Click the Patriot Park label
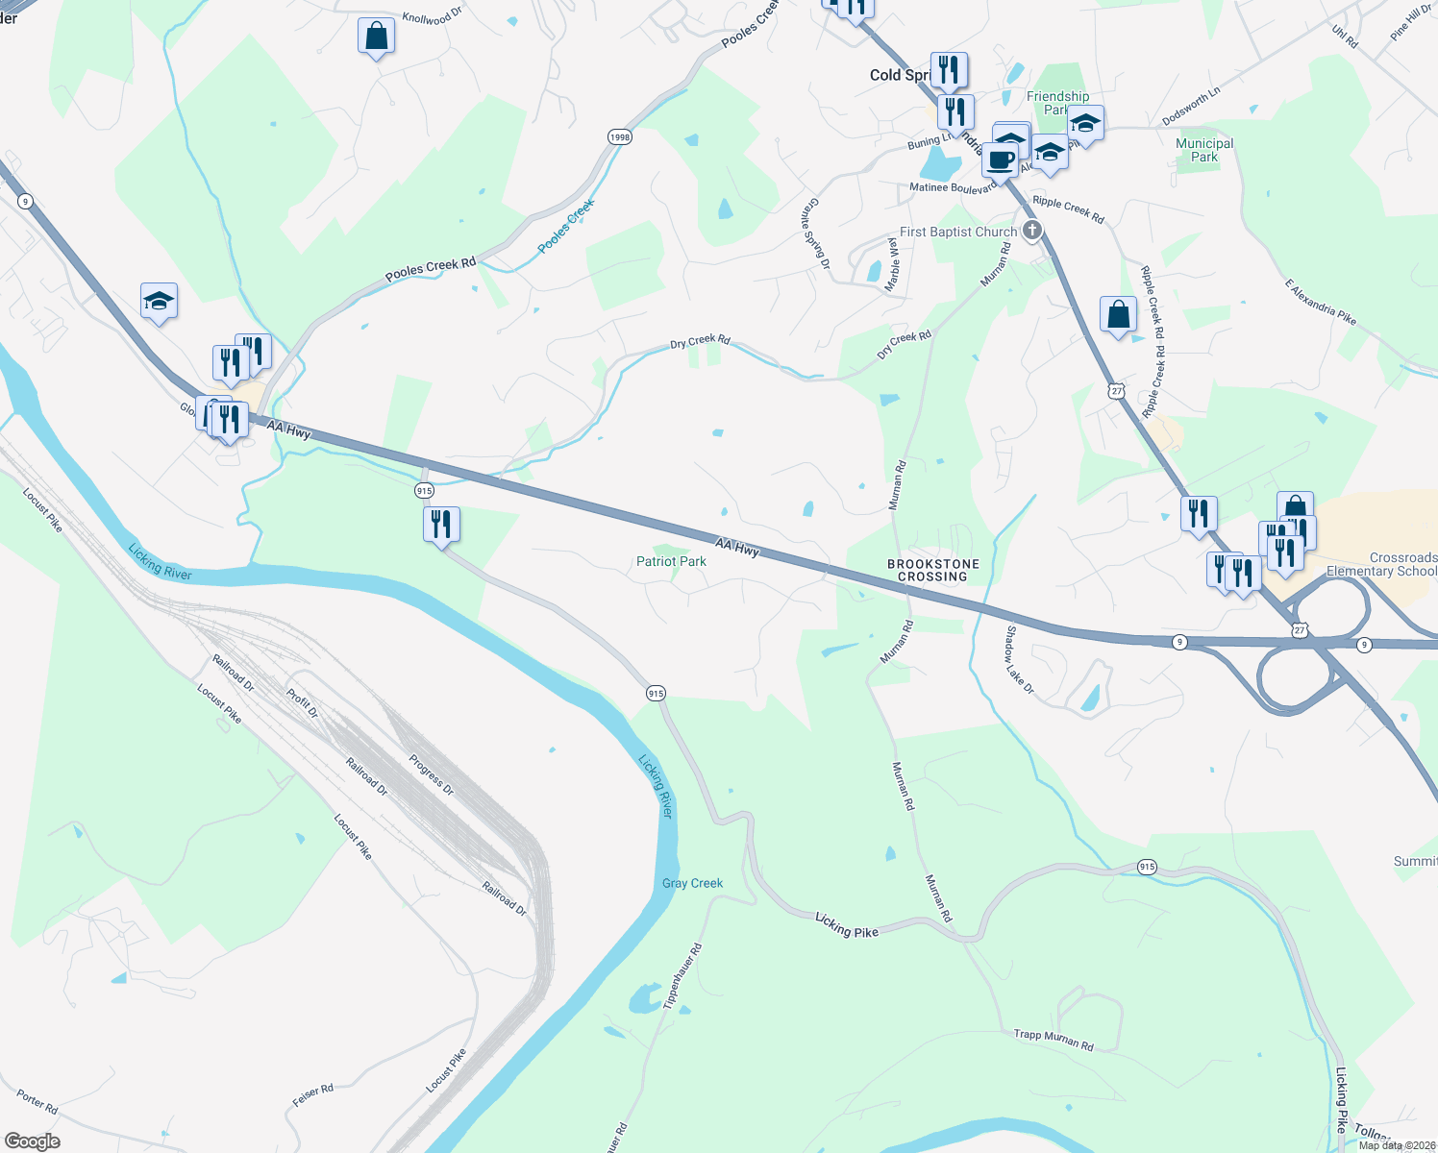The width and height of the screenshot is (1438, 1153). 671,561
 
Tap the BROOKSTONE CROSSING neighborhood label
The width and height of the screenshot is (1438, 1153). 931,571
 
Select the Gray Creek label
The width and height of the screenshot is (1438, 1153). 692,883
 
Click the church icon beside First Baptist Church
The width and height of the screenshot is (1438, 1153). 1032,231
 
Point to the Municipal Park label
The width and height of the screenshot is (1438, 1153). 1204,150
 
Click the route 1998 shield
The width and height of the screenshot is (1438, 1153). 620,137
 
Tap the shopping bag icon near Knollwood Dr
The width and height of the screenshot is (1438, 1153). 376,37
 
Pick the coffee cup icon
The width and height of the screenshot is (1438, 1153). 1000,160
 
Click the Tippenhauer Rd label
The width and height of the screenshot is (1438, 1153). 682,975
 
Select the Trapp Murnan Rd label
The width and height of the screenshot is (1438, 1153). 1054,1040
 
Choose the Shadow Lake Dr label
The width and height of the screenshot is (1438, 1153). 1019,660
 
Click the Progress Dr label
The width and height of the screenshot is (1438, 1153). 431,775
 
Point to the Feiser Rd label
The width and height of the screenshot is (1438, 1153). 312,1095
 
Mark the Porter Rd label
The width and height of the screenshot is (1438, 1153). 37,1102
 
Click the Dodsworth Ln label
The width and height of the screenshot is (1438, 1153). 1191,106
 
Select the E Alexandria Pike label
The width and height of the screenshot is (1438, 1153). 1320,302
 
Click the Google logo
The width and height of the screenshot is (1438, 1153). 32,1141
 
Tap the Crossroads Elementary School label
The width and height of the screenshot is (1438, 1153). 1381,564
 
